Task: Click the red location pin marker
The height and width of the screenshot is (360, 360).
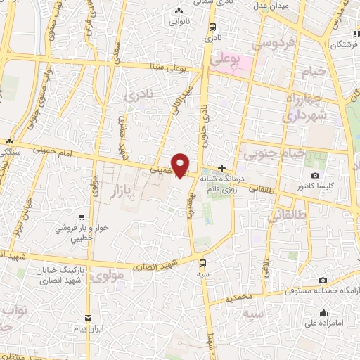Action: point(181,165)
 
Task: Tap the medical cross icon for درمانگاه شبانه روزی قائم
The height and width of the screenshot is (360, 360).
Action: point(222,168)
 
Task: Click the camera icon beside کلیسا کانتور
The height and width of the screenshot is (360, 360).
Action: point(314,175)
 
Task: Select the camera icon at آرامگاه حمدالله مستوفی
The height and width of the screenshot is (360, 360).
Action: point(323,281)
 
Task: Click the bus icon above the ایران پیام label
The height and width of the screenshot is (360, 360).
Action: point(88,319)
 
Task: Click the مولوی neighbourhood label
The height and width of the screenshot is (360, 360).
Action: point(107,276)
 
